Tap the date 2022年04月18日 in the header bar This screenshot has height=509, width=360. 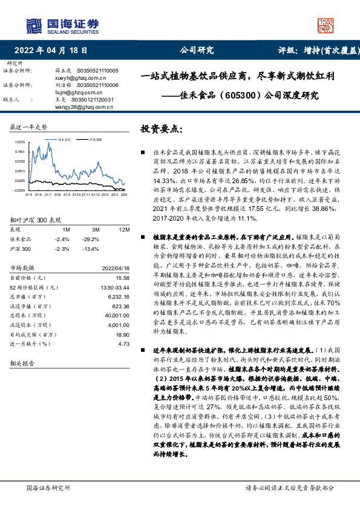(54, 51)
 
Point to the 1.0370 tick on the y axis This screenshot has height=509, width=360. (19, 143)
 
